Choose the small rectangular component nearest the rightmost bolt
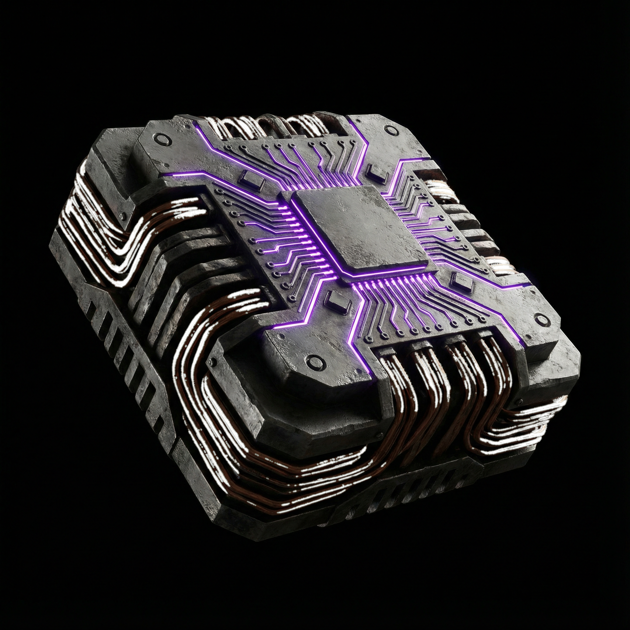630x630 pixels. click(x=462, y=281)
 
